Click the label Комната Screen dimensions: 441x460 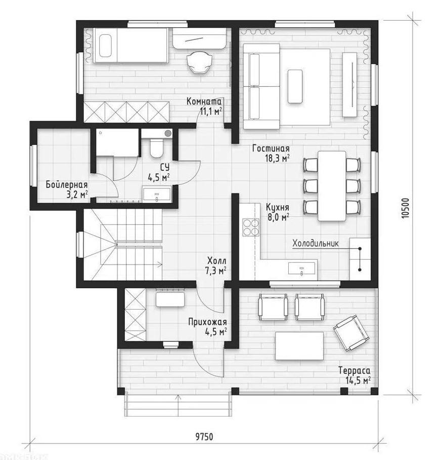click(x=204, y=101)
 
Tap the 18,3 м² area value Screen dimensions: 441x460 click(x=277, y=159)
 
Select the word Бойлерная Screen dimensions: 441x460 click(x=67, y=185)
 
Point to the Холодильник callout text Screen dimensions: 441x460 click(x=316, y=243)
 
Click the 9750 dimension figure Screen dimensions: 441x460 click(x=204, y=437)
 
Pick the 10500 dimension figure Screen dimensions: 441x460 click(x=405, y=209)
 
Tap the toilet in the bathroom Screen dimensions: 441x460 click(x=156, y=148)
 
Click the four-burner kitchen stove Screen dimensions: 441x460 click(x=251, y=227)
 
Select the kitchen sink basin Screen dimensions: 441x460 click(x=302, y=268)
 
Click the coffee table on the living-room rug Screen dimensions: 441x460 click(x=295, y=86)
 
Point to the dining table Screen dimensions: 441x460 click(x=332, y=186)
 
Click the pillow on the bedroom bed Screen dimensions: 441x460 click(x=105, y=46)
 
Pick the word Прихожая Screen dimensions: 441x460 click(x=207, y=322)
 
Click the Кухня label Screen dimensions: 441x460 click(x=277, y=207)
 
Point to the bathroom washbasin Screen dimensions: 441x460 click(x=157, y=194)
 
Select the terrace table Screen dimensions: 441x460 click(x=299, y=346)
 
